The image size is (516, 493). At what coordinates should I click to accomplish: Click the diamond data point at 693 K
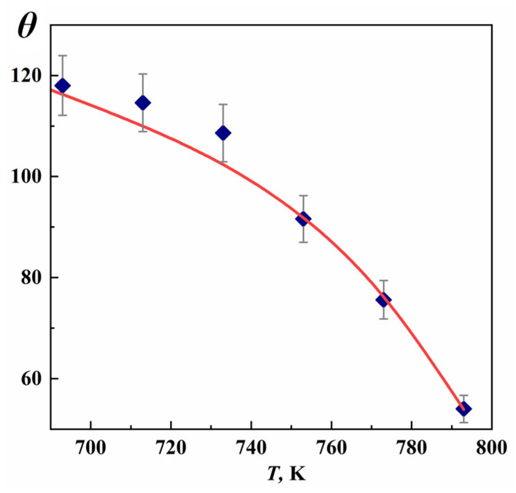[x=63, y=86]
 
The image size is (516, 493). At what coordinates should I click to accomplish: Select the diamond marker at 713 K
[x=143, y=103]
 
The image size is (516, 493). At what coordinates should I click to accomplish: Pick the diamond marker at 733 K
[x=223, y=133]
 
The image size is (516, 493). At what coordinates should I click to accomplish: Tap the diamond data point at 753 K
[x=303, y=219]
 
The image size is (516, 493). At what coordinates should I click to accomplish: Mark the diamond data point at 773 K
[x=384, y=300]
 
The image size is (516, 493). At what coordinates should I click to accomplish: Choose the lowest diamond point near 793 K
[x=464, y=409]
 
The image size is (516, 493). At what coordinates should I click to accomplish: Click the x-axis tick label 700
[x=91, y=448]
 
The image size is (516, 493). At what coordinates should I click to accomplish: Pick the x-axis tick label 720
[x=171, y=448]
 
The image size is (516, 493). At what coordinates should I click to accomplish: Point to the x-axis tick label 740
[x=251, y=448]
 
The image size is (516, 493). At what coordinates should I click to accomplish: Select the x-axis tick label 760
[x=332, y=448]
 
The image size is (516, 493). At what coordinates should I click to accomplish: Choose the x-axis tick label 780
[x=412, y=448]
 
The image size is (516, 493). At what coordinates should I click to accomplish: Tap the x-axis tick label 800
[x=492, y=448]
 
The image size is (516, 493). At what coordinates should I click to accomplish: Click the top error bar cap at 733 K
[x=223, y=104]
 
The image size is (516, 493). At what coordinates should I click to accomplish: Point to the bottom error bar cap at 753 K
[x=303, y=242]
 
